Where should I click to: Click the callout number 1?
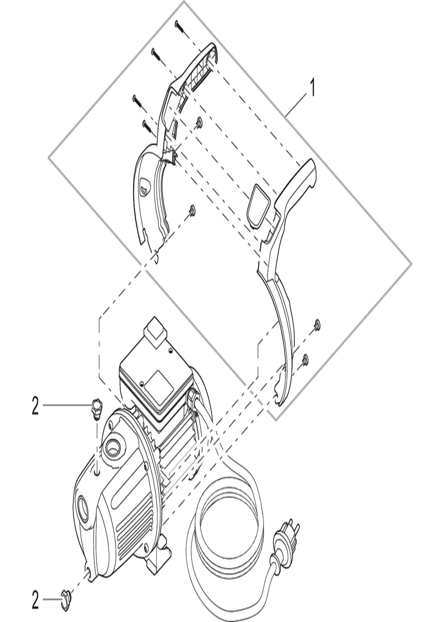click(x=313, y=88)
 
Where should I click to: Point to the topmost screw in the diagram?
click(x=180, y=27)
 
